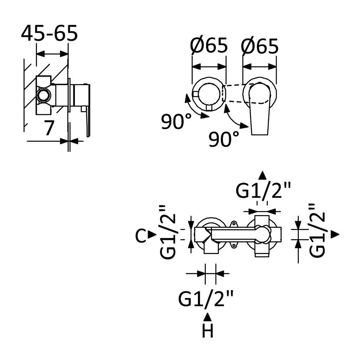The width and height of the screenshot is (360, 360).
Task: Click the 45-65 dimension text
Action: [x=49, y=34]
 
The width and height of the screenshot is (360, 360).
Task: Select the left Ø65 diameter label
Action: [x=209, y=46]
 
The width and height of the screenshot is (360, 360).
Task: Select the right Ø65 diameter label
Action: [x=260, y=46]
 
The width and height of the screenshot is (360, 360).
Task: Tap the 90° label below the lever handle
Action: [x=224, y=139]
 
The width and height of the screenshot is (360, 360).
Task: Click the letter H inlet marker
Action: [x=208, y=331]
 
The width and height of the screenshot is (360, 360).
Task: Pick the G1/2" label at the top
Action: [x=263, y=191]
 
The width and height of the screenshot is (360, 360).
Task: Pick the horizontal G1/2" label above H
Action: [x=206, y=299]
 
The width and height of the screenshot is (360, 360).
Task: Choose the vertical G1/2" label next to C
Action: [x=168, y=232]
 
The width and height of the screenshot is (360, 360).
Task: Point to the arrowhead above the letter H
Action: [x=208, y=317]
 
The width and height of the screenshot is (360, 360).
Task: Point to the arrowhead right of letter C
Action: [x=152, y=234]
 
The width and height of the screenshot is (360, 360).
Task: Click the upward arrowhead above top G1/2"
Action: [x=262, y=176]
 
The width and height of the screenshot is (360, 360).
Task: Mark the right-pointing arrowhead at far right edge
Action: [x=335, y=234]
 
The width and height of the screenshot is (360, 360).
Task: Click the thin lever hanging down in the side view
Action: [x=88, y=121]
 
